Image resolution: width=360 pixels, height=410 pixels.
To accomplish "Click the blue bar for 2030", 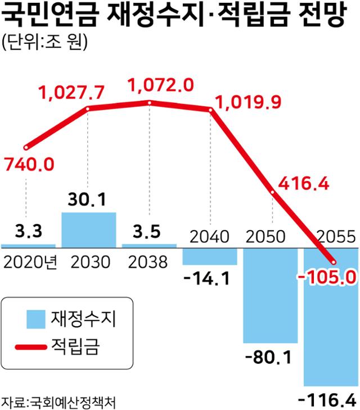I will click(x=89, y=229).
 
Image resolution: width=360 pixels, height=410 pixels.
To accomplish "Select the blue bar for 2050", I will click(x=270, y=295).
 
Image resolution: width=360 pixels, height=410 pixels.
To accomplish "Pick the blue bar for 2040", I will click(x=210, y=256).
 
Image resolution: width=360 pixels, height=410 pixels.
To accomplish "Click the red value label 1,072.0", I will click(x=161, y=85).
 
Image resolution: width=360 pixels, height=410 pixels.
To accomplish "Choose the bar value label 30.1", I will click(x=89, y=200).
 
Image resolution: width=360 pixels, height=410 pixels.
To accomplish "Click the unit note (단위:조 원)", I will click(x=45, y=44).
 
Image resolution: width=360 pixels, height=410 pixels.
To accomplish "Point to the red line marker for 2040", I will click(x=210, y=110).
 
